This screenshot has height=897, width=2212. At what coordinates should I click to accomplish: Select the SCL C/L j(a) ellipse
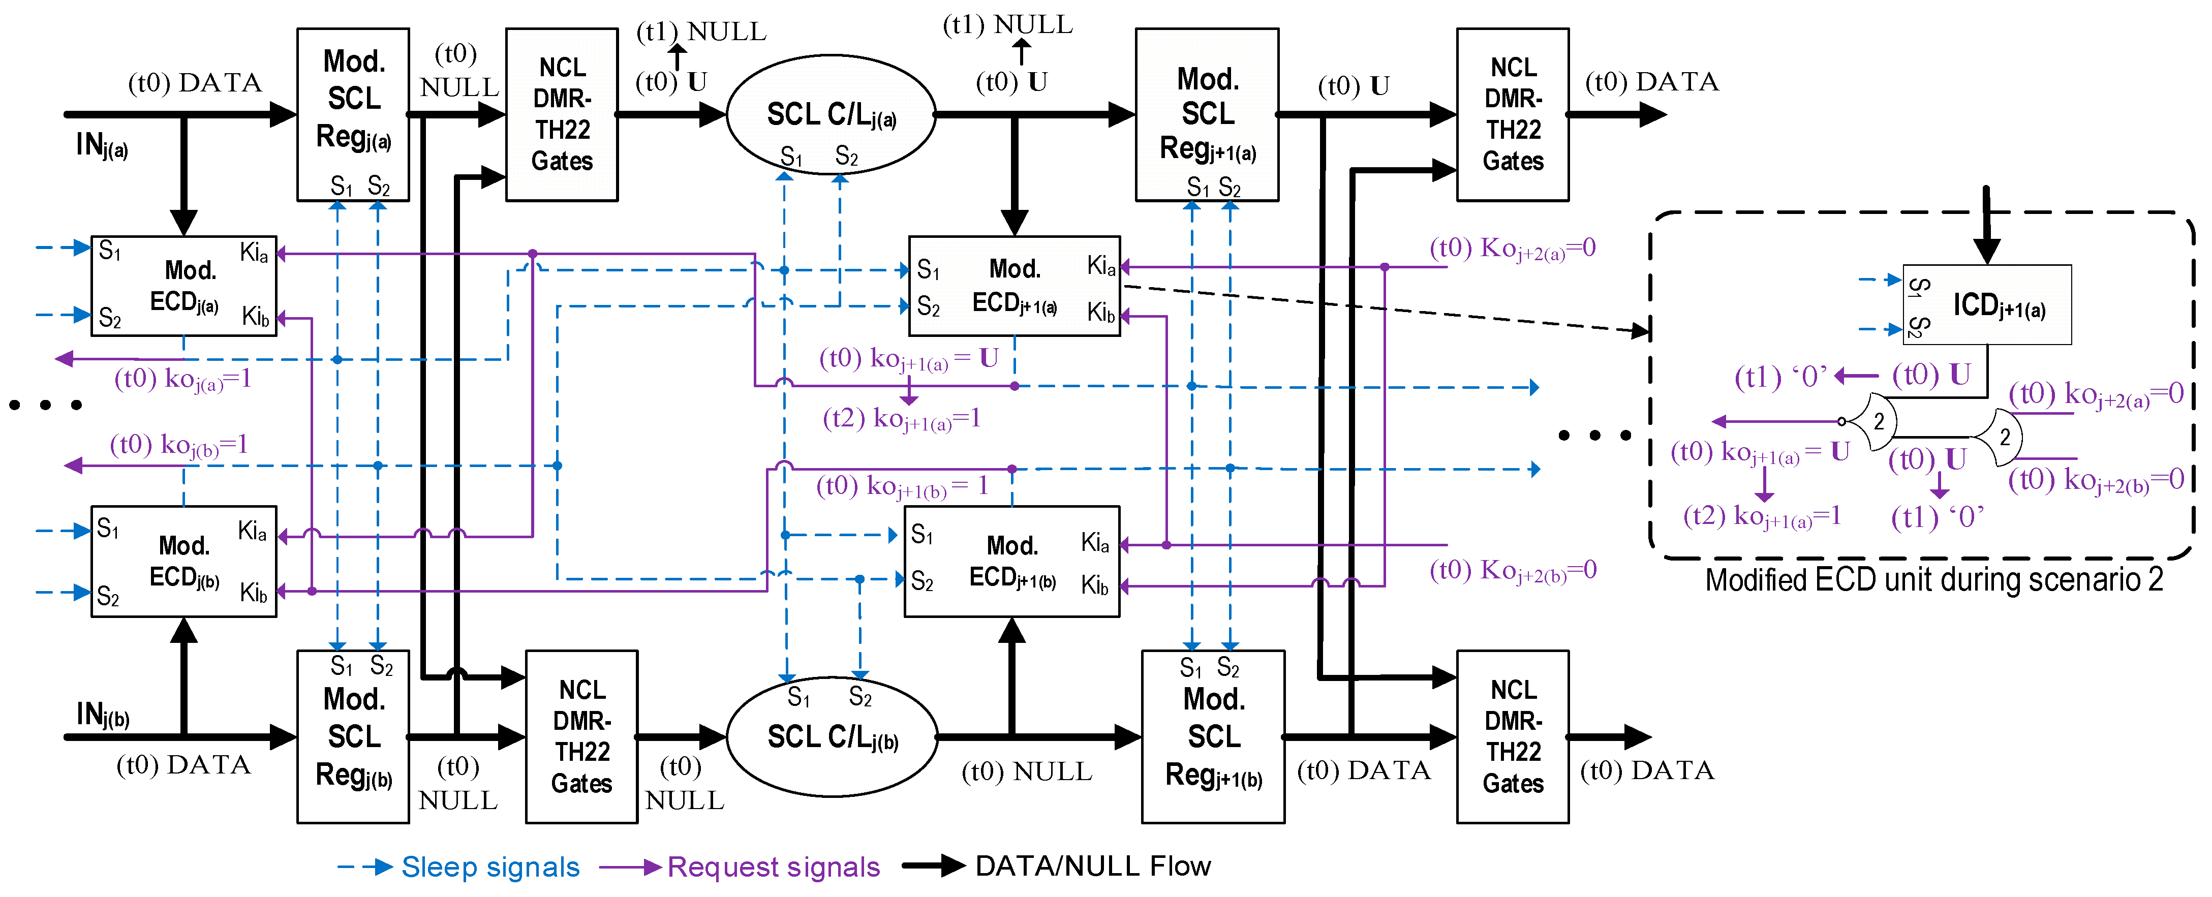click(x=831, y=115)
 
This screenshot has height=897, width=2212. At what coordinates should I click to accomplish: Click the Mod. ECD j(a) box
click(x=184, y=286)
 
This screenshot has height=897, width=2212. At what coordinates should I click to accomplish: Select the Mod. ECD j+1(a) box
click(x=1014, y=286)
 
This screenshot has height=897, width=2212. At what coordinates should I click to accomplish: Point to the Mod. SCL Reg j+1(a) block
click(x=1207, y=114)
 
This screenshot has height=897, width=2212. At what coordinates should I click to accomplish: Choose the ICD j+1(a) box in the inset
click(x=1987, y=305)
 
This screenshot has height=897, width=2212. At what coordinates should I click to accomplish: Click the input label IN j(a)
click(x=101, y=146)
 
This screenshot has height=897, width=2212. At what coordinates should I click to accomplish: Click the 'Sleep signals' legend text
click(x=490, y=867)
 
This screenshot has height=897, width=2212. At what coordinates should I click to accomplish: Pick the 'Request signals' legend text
click(x=773, y=867)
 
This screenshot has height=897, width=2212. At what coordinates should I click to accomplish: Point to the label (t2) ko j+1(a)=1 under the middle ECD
click(x=901, y=419)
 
